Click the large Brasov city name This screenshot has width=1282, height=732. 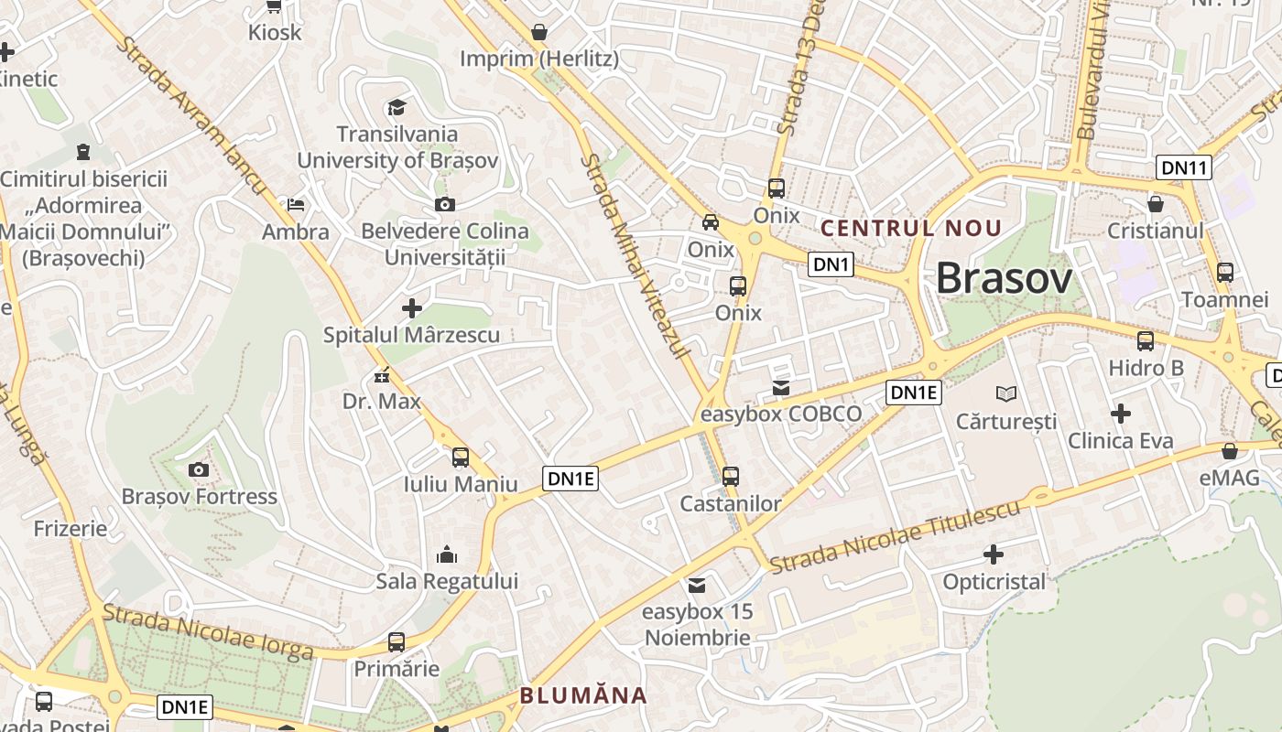tap(1004, 278)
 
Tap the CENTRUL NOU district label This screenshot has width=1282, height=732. tap(912, 228)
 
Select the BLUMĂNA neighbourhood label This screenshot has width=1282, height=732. tap(583, 695)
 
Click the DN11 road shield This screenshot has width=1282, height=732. tap(1185, 167)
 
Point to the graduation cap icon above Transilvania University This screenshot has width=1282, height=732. tap(397, 108)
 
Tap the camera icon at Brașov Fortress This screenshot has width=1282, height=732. tap(198, 470)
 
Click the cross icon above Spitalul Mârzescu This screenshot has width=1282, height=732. tap(412, 308)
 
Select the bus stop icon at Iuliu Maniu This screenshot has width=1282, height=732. tap(461, 457)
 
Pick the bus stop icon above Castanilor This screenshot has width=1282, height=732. tap(730, 477)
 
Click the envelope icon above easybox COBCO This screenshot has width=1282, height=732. tap(780, 388)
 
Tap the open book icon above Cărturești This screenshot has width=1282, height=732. tap(1005, 394)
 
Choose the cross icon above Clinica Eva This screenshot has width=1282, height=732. tap(1120, 414)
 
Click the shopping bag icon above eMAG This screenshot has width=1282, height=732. tap(1230, 451)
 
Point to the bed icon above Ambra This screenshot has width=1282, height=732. tap(295, 205)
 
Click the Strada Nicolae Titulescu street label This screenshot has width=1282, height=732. tap(895, 536)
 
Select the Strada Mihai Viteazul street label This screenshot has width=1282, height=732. tap(636, 256)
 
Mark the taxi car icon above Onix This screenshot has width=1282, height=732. tap(711, 222)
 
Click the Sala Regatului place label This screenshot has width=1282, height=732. tap(447, 581)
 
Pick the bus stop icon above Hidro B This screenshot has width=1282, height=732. tap(1146, 342)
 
